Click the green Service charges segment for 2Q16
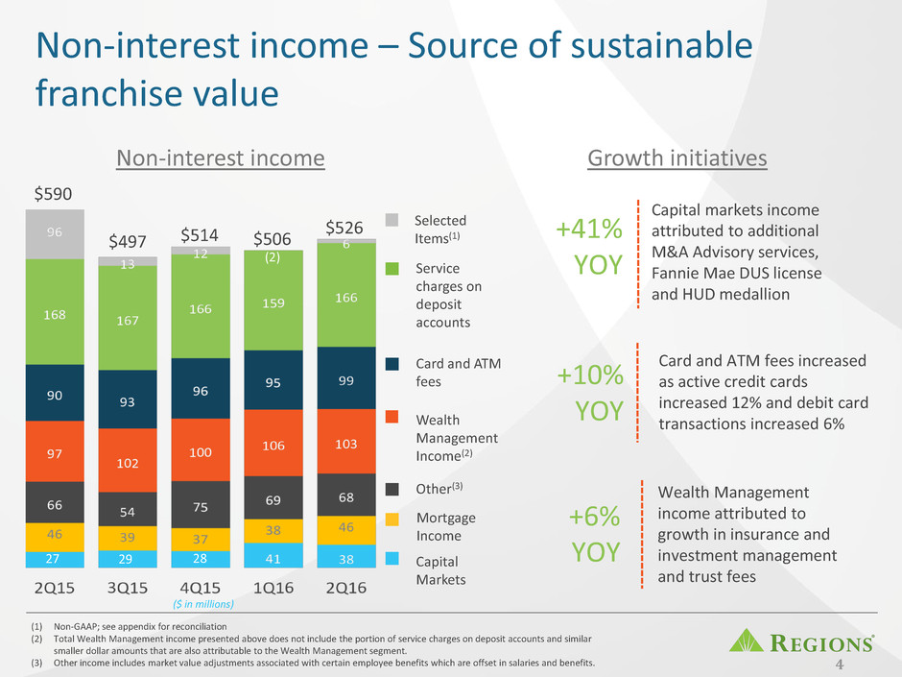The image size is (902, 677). (346, 299)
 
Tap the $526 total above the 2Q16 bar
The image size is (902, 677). (345, 228)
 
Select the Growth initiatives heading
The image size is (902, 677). (677, 157)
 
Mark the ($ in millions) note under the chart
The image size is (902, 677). (202, 604)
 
